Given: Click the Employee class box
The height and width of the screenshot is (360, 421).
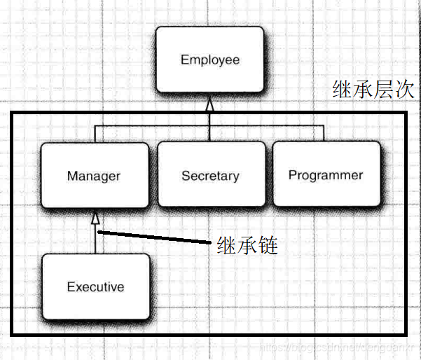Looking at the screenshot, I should point(209,60).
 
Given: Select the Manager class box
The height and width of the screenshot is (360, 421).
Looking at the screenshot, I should point(94,175).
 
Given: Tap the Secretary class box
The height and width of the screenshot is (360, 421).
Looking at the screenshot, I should point(210,175).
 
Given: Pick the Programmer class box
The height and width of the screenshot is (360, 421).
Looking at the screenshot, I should point(326,175).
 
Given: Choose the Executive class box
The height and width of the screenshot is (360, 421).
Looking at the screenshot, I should point(95,286).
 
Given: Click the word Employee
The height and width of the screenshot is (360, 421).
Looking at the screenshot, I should point(209,60).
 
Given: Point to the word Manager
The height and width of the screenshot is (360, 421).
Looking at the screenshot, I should point(94,176).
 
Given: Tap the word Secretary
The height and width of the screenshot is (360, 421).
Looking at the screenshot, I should point(210,176).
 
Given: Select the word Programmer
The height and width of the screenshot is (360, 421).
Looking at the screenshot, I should point(326,175).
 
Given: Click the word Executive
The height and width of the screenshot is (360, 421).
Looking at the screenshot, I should point(95,286).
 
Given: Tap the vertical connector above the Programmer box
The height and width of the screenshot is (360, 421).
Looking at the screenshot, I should point(325,133).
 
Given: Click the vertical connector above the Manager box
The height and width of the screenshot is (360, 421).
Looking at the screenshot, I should point(95,133).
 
